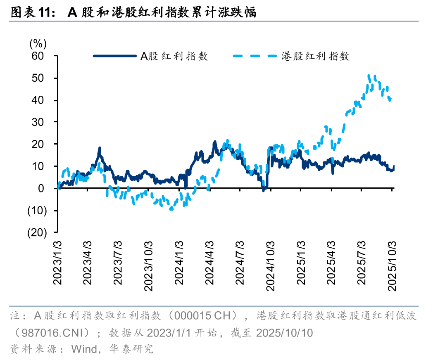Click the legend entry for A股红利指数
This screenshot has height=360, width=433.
(x=174, y=56)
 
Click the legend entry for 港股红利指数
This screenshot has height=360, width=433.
(x=315, y=56)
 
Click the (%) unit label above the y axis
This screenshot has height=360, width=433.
(x=38, y=43)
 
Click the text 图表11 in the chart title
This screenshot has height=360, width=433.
(x=30, y=13)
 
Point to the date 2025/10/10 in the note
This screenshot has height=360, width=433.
(x=285, y=332)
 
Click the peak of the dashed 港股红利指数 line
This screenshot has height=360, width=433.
(x=369, y=76)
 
